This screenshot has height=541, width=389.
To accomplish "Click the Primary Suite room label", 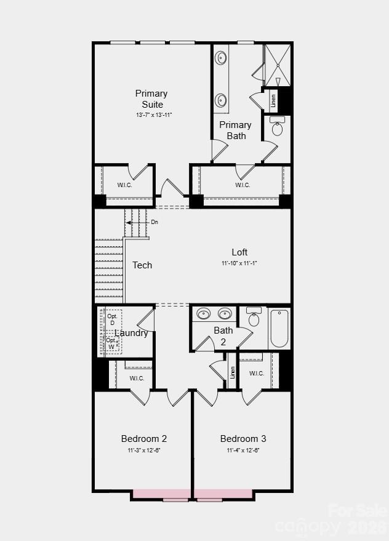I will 151,99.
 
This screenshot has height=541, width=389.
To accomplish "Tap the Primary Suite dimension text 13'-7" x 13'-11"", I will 154,115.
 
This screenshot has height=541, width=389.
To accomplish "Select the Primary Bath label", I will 236,130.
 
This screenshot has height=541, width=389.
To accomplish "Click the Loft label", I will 239,252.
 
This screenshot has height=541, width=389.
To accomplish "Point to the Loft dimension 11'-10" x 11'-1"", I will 239,263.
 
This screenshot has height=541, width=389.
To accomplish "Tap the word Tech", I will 142,265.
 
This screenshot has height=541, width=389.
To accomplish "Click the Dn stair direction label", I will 154,222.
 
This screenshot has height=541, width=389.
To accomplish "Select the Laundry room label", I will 131,333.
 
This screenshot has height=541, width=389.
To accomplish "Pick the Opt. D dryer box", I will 112,320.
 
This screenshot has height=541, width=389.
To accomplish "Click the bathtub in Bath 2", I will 279,329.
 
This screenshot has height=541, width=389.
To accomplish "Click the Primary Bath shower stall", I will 278,65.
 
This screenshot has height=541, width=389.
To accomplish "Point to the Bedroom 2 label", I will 144,439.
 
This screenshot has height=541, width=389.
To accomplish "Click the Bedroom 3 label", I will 243,439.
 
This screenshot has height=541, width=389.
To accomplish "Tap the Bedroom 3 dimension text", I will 243,450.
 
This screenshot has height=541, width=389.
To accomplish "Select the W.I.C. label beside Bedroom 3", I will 257,374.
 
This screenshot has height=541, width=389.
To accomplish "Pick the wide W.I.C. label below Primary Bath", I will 243,185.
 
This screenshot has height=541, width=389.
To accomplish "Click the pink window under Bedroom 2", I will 162,494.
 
